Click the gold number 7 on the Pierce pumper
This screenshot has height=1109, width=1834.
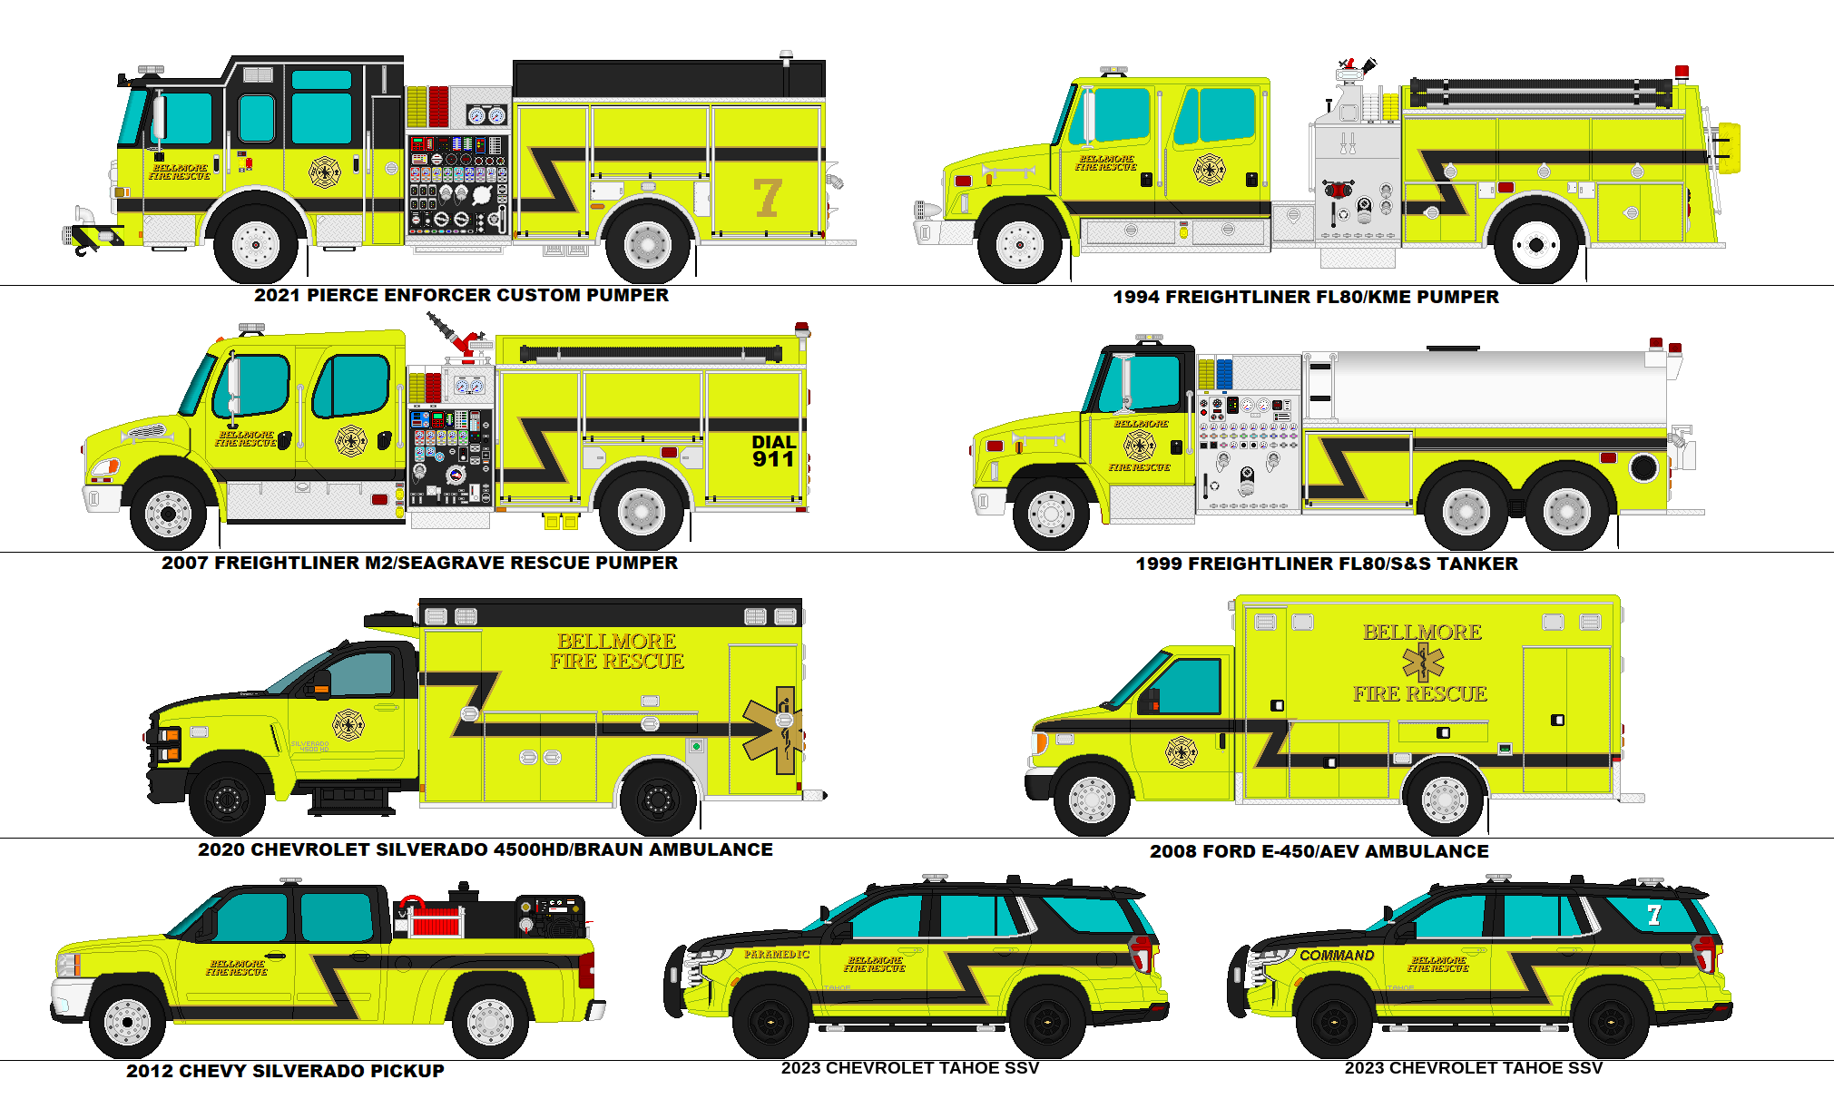768,197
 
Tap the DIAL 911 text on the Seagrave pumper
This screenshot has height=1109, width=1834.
773,451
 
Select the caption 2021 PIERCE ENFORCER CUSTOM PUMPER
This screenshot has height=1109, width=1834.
461,295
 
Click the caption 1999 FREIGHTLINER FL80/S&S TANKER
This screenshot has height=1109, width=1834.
1326,564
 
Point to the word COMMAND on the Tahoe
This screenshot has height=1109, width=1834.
1337,956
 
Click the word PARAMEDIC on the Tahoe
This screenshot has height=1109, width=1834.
777,954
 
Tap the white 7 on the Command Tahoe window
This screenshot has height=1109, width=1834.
1653,915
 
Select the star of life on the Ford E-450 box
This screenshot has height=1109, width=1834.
1422,662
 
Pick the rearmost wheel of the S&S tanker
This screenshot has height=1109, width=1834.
1566,512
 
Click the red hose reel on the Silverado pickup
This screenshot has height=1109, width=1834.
437,921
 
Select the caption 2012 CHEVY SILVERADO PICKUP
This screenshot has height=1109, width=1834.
285,1071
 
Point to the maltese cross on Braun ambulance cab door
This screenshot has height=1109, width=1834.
348,725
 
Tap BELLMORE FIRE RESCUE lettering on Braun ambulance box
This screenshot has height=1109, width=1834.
616,651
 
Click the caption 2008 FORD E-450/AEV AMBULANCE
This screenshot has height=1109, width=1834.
1319,851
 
